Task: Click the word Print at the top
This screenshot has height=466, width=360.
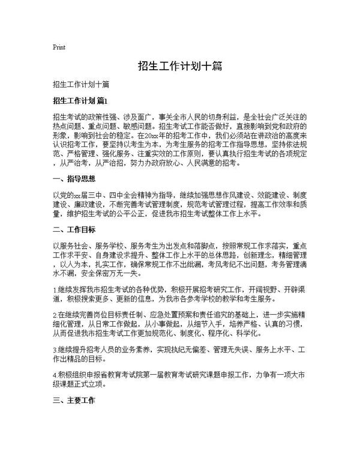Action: coord(59,47)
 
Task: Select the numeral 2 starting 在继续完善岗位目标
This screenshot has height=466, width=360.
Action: coord(55,314)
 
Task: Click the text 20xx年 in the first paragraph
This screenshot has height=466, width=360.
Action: coord(163,136)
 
